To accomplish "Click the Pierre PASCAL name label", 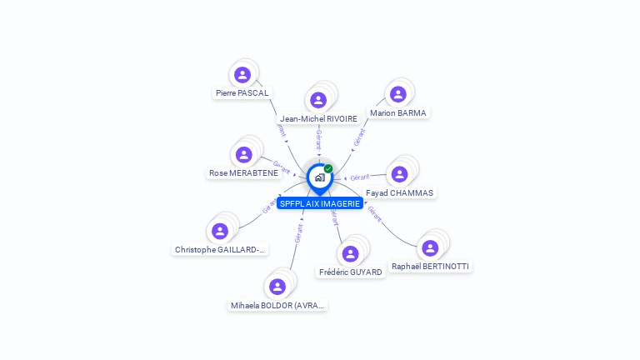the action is click(242, 93).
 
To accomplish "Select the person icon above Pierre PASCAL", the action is click(242, 75).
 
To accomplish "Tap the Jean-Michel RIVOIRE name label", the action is click(318, 119).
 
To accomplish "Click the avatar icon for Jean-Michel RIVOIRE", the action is click(318, 100).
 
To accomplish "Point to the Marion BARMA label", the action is click(398, 112).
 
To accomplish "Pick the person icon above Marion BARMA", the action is click(397, 94).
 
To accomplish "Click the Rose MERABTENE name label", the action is click(243, 173).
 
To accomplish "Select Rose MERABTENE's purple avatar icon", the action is click(243, 154).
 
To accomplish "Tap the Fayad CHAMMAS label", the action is click(400, 192).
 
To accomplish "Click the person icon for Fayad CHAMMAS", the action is click(399, 173).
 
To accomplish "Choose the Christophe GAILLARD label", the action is click(220, 249).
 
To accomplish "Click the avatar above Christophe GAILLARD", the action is click(220, 231).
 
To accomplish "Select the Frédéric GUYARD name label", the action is click(350, 272).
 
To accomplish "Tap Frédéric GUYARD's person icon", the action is click(350, 253).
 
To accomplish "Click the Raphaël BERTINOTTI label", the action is click(430, 267).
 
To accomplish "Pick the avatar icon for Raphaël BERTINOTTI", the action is click(430, 247).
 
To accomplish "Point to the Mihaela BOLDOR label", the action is click(278, 306).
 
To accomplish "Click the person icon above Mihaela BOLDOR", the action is click(277, 287).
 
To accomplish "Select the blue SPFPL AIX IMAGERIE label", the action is click(320, 203).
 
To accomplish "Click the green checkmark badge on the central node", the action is click(328, 169).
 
